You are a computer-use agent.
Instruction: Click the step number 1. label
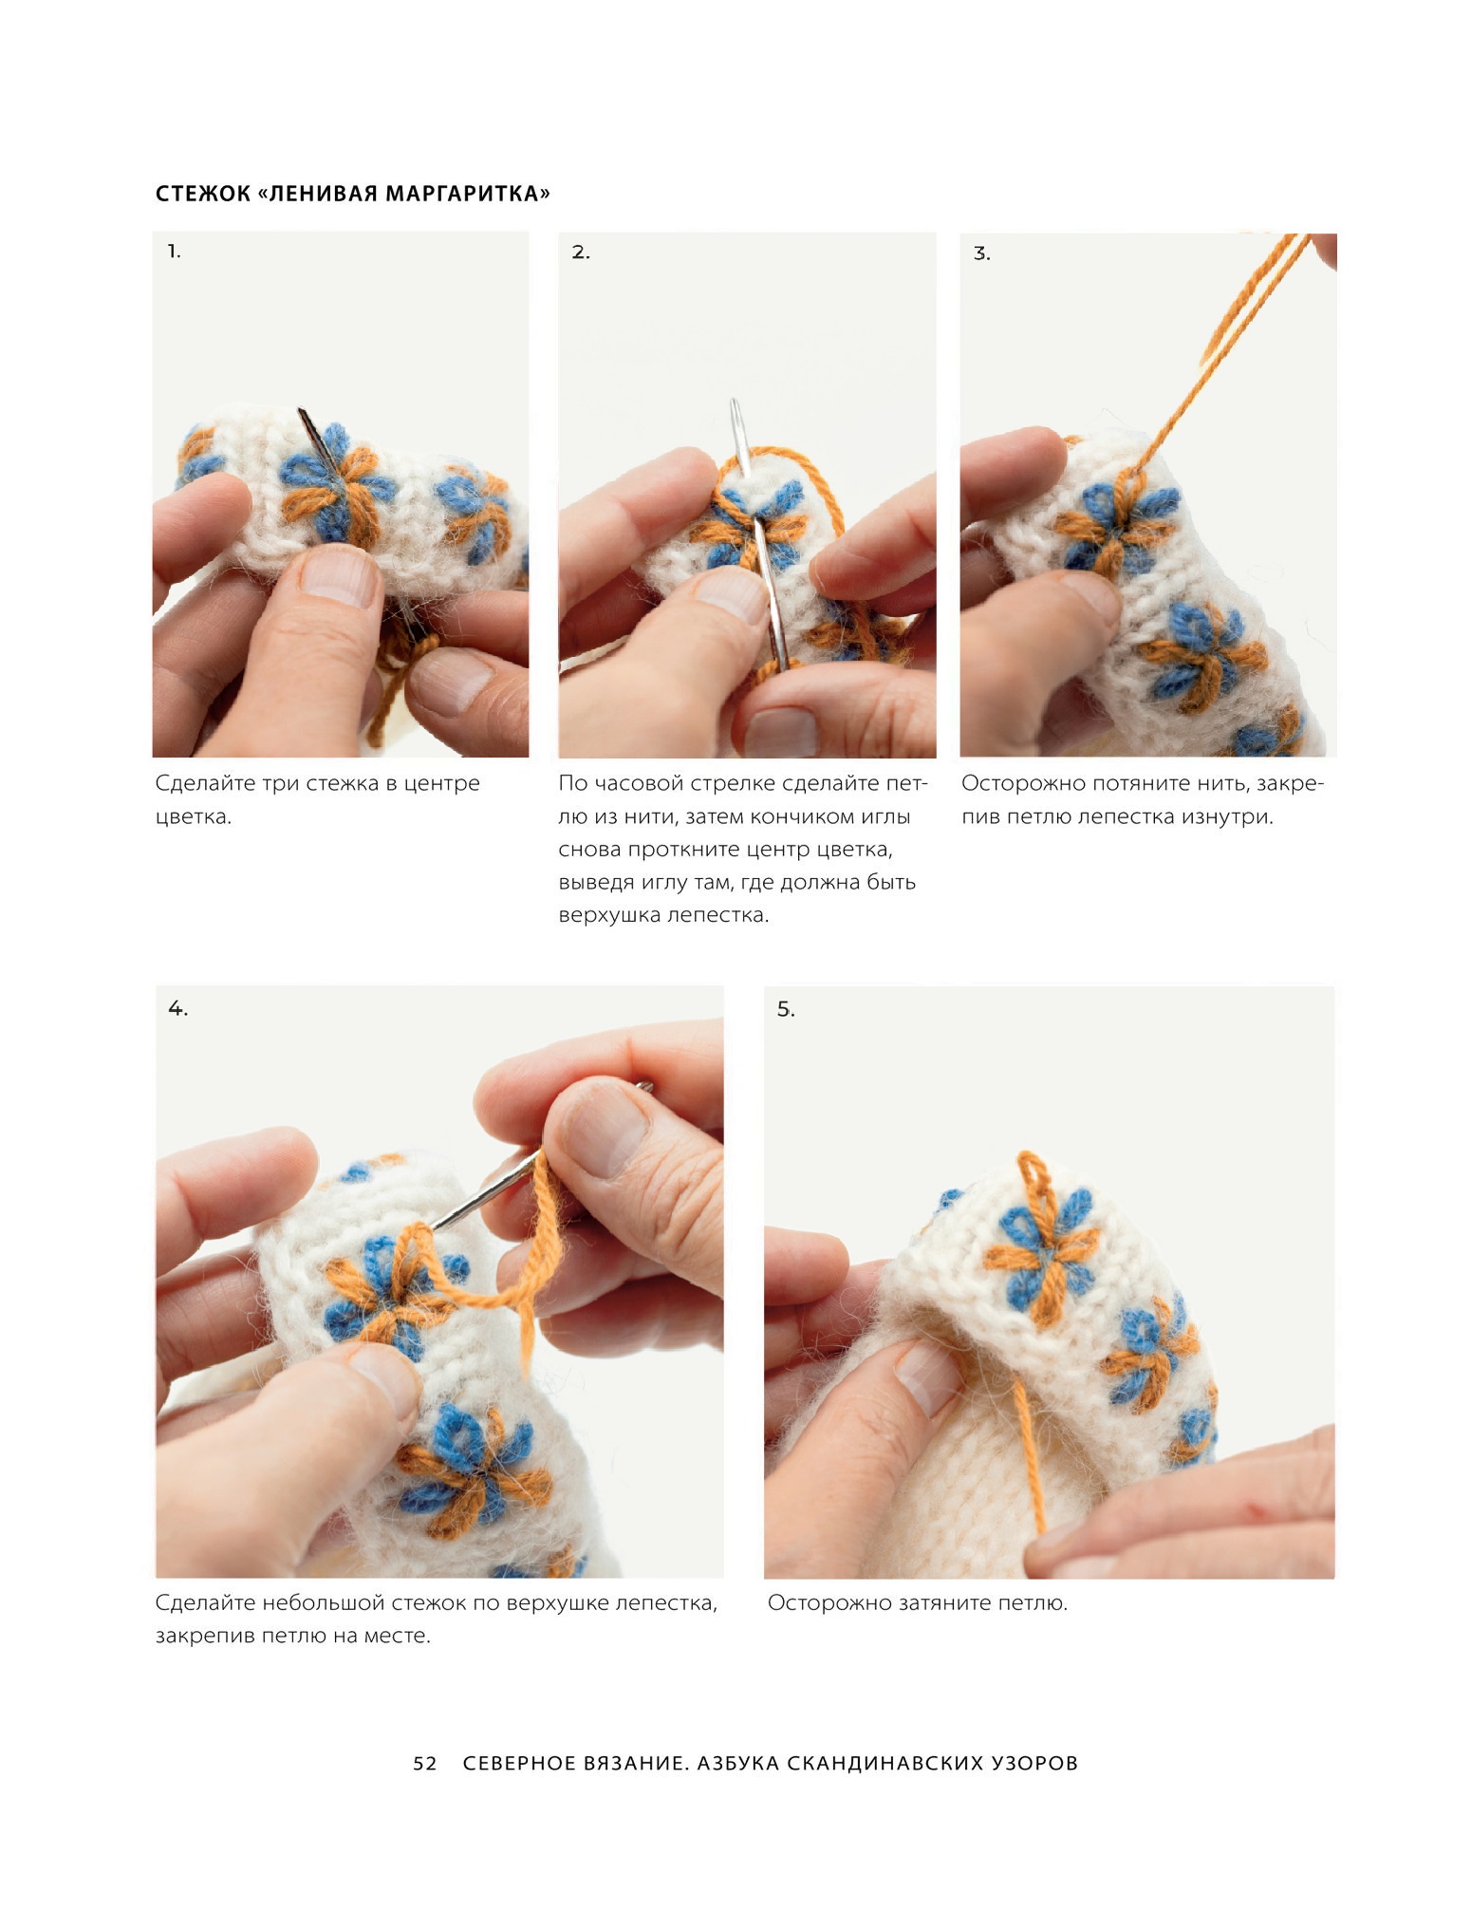174,252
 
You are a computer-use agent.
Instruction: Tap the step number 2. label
581,253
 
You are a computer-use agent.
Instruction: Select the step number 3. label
982,253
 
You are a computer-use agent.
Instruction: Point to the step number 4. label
177,1008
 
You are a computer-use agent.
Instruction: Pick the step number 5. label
786,1009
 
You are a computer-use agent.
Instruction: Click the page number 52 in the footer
425,1763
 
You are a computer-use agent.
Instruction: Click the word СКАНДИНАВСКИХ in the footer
885,1763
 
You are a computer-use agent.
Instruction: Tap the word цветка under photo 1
193,817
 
